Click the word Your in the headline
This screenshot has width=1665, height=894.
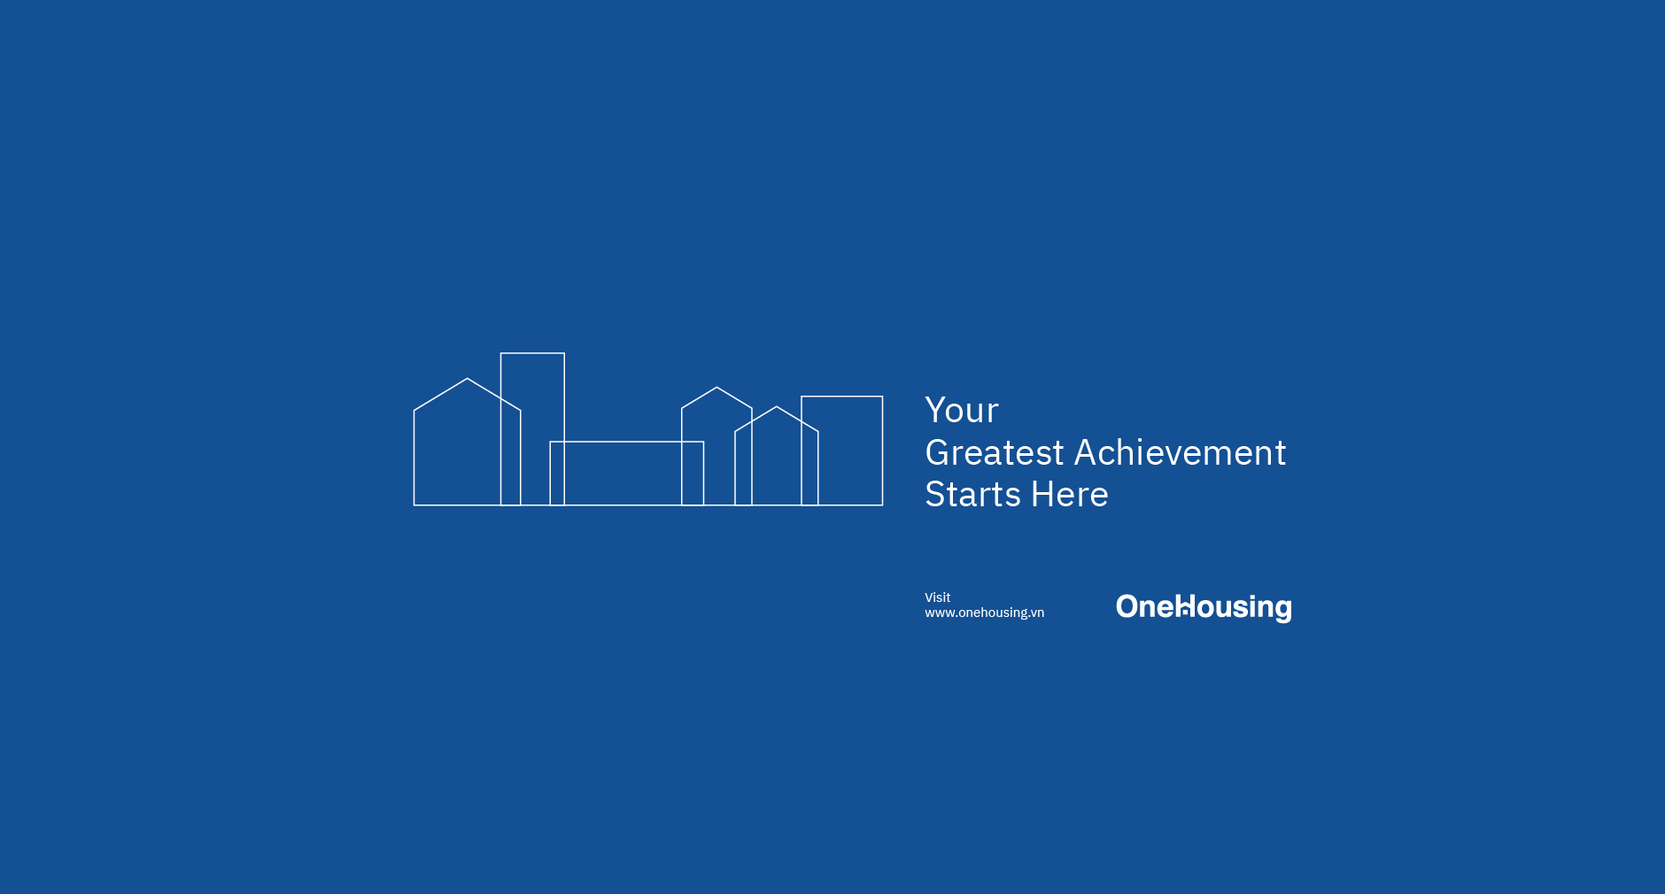[962, 411]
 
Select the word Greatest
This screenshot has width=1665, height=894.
[995, 453]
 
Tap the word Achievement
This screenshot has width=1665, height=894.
[1180, 453]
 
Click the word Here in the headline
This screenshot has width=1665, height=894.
[1070, 495]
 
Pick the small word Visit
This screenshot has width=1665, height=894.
[937, 597]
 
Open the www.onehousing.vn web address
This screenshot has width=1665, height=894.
[984, 613]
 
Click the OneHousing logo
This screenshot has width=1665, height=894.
[1204, 607]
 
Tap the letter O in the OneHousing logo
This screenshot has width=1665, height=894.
[1127, 606]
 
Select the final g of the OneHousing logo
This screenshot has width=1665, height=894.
[1282, 609]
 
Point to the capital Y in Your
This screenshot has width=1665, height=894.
[935, 411]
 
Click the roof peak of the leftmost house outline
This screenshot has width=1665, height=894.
[467, 379]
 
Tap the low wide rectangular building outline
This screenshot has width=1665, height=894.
[623, 474]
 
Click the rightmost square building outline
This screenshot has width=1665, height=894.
[850, 451]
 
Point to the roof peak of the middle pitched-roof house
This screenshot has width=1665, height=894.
[716, 388]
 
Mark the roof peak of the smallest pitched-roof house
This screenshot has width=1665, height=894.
[777, 407]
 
